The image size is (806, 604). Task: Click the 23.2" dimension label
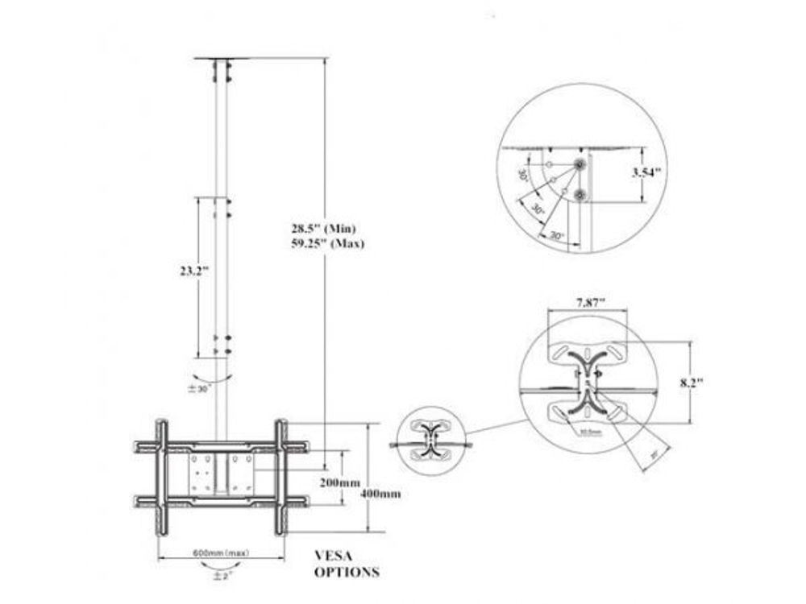point(194,271)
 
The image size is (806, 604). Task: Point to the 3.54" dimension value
point(646,172)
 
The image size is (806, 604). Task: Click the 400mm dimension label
point(382,494)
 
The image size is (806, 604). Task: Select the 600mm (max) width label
point(221,553)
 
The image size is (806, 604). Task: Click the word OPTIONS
point(347,573)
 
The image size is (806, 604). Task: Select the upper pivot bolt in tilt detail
point(580,164)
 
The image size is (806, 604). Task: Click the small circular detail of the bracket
point(433,441)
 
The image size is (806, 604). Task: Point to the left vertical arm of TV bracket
point(162,477)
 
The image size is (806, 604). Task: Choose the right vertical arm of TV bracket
point(281,477)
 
